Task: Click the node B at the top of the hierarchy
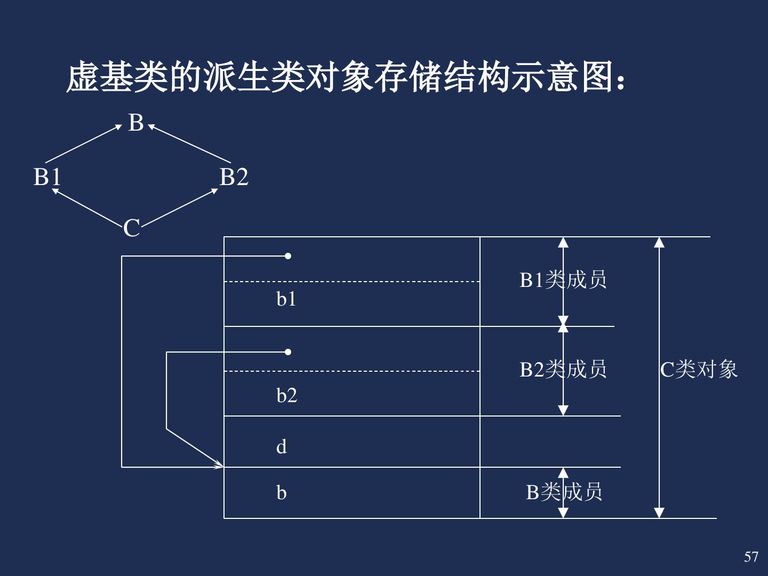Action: click(136, 123)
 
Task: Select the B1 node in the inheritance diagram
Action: click(47, 177)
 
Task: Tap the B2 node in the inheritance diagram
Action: click(234, 177)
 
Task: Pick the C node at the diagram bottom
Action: click(131, 228)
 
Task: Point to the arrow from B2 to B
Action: click(190, 144)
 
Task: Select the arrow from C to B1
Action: click(88, 207)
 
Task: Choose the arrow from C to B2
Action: click(179, 208)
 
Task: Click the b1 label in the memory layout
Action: click(286, 300)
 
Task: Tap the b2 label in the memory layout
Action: click(286, 396)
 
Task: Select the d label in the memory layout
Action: click(282, 446)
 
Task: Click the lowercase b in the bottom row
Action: click(282, 493)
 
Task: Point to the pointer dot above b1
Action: click(288, 256)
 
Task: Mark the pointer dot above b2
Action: click(288, 352)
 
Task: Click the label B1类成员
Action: click(563, 280)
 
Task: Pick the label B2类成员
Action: click(563, 369)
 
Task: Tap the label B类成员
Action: click(564, 492)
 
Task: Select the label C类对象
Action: click(699, 369)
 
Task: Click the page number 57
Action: click(751, 557)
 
